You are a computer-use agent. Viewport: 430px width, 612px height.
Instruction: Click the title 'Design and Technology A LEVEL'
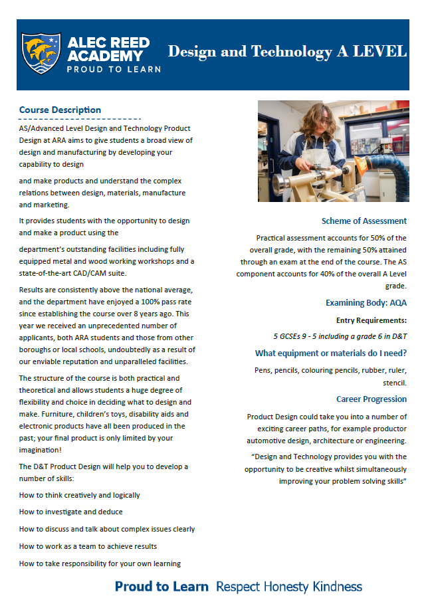click(286, 52)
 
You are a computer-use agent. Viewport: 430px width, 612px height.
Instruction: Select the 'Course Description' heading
click(60, 110)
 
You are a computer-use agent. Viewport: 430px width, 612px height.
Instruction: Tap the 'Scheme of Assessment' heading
click(364, 221)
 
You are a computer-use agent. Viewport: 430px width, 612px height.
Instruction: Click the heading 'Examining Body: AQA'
click(366, 303)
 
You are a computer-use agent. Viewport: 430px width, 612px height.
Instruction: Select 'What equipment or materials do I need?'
click(331, 353)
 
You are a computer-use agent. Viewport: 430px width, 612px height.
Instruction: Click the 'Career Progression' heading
click(371, 399)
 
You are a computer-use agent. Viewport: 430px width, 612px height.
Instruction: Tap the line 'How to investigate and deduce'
click(70, 512)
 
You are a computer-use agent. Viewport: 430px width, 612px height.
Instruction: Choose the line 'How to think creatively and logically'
click(79, 495)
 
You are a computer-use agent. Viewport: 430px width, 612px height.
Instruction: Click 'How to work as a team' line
click(88, 546)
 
